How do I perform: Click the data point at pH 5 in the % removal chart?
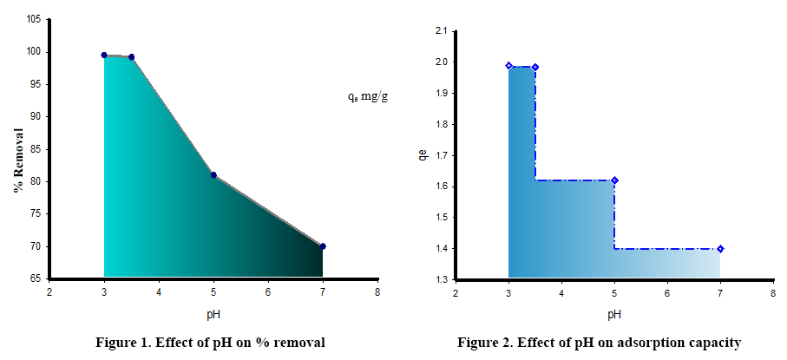[213, 175]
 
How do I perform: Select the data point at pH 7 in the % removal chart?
[323, 246]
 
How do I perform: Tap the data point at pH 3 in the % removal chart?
[104, 55]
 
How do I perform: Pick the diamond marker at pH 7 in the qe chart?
[720, 249]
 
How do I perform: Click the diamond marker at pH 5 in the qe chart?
[614, 180]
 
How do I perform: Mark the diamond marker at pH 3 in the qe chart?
[509, 65]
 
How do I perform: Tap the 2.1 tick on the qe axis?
[441, 31]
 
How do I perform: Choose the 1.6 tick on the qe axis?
[441, 187]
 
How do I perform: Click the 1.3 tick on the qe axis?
[441, 279]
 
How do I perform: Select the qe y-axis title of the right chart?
[423, 155]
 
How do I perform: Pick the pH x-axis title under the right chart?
[614, 313]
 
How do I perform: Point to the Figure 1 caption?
[210, 343]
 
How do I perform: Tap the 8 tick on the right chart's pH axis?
[773, 291]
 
